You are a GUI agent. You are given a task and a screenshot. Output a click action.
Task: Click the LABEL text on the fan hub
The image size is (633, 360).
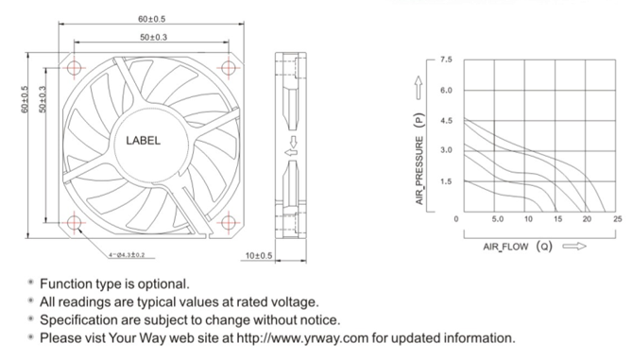tap(143, 141)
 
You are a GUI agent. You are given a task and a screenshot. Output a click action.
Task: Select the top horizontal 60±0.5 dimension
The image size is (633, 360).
tap(152, 19)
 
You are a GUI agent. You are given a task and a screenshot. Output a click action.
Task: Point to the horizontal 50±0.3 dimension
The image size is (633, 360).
tap(153, 37)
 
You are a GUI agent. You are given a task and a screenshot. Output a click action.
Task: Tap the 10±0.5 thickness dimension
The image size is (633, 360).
tap(259, 255)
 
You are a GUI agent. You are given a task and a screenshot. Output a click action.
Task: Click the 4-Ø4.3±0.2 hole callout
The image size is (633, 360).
tap(127, 255)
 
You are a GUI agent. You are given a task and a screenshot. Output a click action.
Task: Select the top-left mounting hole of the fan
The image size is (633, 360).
tap(74, 67)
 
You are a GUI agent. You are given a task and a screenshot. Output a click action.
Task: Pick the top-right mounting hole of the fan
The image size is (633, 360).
tap(229, 67)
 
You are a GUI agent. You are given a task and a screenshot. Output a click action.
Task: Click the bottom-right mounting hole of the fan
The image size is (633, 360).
tap(229, 222)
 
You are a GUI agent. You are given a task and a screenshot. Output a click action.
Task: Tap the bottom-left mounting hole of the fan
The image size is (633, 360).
tap(74, 222)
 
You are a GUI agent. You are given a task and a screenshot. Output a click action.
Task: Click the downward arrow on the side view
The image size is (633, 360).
tap(294, 142)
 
